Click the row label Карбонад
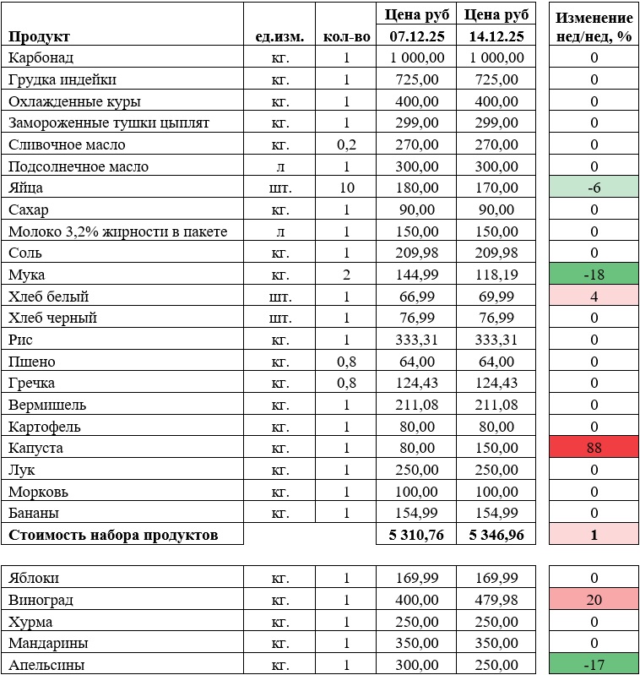[41, 57]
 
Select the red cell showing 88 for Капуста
[594, 448]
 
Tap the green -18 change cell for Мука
[594, 275]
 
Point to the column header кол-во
[345, 36]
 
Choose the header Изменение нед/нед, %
[594, 27]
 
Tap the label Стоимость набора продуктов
[113, 535]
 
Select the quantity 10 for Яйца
[345, 188]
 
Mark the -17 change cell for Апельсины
[594, 665]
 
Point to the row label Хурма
[30, 622]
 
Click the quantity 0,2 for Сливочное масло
[345, 144]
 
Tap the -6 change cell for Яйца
[594, 188]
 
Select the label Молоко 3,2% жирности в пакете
[117, 231]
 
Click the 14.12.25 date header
[496, 36]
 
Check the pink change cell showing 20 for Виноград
[594, 600]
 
